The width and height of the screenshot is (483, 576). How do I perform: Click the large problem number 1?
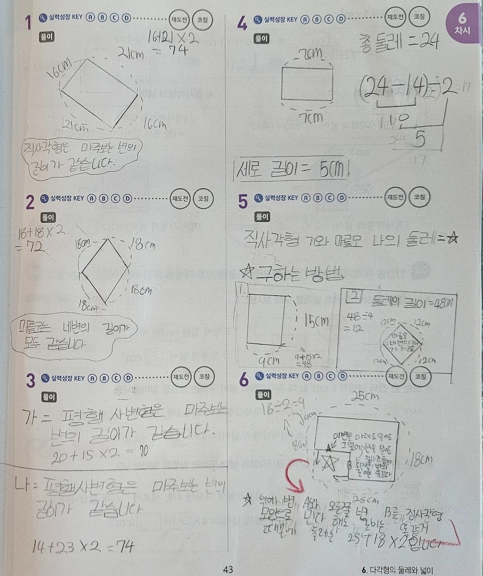(x=28, y=22)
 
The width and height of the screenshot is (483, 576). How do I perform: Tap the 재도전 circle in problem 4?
(x=394, y=17)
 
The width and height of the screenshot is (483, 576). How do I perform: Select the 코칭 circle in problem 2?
(x=203, y=199)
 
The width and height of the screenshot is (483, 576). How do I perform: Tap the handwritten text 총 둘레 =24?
(x=399, y=42)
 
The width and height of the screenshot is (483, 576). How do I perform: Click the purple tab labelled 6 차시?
(x=462, y=25)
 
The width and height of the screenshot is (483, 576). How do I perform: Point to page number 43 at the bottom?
(x=228, y=569)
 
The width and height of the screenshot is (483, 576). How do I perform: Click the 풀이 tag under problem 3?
(x=49, y=396)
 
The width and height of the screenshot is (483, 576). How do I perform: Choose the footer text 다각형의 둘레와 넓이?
(x=400, y=570)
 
